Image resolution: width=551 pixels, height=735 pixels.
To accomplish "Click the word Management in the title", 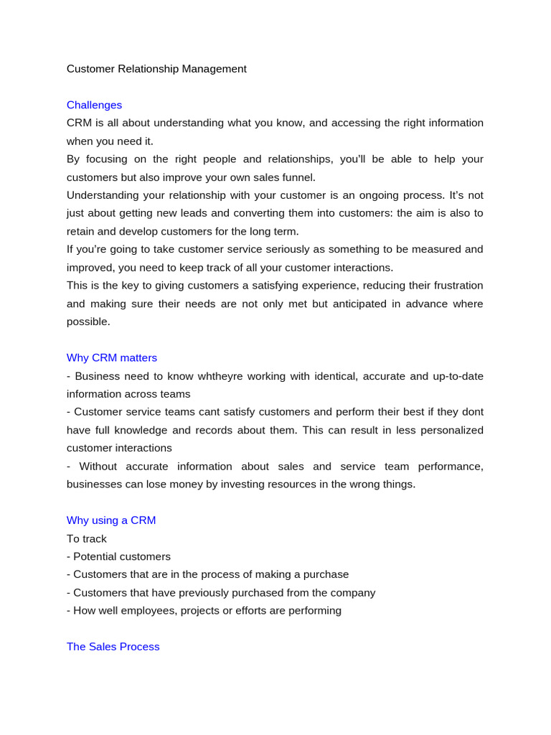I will (x=215, y=69).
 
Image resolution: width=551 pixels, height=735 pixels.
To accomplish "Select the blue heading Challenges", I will (x=94, y=105).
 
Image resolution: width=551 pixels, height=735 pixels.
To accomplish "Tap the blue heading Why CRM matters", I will (x=112, y=357).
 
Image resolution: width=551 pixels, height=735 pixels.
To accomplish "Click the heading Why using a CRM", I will (x=111, y=520).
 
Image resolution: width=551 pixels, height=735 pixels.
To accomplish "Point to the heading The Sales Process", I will (x=113, y=647).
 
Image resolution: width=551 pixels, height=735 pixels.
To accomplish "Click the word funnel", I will (x=296, y=177).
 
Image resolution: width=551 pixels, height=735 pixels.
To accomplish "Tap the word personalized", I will (x=442, y=430).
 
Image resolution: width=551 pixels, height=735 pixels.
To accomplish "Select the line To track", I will (x=87, y=538).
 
